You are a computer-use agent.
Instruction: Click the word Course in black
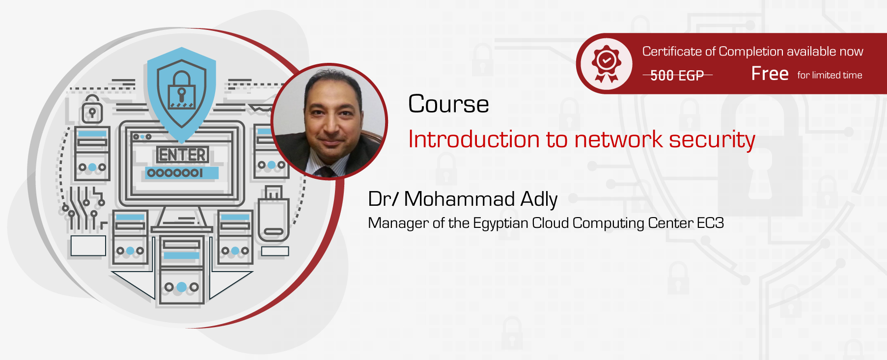pos(448,104)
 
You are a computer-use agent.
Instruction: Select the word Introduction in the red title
pos(473,139)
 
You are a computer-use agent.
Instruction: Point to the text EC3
pos(710,223)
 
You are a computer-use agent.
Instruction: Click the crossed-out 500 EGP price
pos(677,75)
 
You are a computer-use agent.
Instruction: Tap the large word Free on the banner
pos(770,74)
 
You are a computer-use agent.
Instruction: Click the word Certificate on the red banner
pos(672,52)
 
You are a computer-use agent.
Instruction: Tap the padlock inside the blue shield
pos(181,90)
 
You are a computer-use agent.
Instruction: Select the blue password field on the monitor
pos(181,173)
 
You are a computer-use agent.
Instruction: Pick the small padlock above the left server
pos(92,110)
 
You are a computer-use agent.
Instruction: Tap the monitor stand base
pos(182,228)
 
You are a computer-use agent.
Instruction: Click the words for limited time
pos(830,75)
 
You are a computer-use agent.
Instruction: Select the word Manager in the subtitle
pos(398,223)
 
